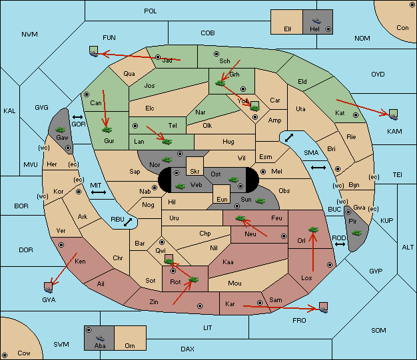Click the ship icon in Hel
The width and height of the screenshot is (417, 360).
[316, 21]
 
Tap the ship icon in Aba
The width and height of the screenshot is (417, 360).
[100, 337]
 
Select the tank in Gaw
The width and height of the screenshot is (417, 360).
[61, 130]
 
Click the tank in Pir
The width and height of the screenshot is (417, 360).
[356, 233]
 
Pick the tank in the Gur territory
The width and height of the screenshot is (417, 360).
[107, 130]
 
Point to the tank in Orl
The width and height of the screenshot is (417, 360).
[313, 230]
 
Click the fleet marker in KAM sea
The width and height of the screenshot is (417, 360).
[393, 114]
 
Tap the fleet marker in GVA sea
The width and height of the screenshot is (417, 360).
[49, 287]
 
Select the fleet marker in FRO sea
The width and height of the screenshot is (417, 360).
[323, 307]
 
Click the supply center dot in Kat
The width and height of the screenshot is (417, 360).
[356, 115]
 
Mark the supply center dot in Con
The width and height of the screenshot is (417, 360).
[412, 5]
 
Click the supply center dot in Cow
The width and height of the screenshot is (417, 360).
[5, 355]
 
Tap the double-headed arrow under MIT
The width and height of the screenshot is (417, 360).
[99, 192]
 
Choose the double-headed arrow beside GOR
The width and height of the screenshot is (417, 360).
[78, 117]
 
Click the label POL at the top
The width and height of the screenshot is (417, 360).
[151, 11]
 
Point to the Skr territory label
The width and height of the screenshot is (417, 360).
[195, 172]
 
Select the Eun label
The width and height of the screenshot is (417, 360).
[222, 199]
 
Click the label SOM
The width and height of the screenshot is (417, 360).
[378, 330]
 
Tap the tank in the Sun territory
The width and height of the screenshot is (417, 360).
[260, 201]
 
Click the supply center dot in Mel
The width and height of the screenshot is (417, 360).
[263, 172]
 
